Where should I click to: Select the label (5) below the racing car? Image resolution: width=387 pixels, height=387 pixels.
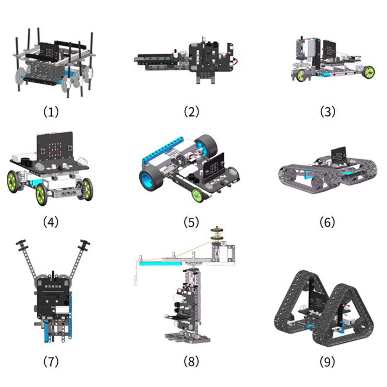(191, 222)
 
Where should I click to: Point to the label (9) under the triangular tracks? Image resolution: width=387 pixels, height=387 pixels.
(327, 361)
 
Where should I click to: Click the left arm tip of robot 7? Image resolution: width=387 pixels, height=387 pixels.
(21, 243)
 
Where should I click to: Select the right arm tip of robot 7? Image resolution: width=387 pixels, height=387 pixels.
(85, 243)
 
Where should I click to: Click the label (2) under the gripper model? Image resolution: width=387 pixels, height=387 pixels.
(191, 112)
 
